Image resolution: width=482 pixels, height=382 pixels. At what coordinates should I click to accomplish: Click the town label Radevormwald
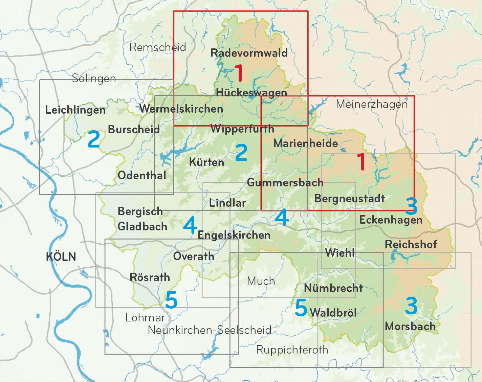(249, 53)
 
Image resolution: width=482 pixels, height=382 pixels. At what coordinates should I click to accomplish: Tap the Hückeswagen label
(251, 92)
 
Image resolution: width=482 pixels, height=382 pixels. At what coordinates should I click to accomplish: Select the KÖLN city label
(61, 257)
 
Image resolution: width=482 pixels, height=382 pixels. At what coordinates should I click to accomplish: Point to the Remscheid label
(158, 47)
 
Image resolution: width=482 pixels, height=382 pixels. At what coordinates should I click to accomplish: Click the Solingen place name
(94, 78)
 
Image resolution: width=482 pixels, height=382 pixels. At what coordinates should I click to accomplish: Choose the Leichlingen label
(75, 110)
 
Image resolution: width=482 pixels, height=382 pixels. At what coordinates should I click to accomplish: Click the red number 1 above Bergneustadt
(361, 162)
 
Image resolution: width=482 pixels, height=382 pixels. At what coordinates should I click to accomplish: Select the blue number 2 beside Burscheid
(94, 139)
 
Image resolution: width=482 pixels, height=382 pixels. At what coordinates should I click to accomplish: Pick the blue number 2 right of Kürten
(241, 152)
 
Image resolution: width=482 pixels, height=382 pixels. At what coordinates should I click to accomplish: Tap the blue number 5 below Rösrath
(171, 300)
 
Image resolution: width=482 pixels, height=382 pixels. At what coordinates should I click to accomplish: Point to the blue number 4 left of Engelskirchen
(190, 225)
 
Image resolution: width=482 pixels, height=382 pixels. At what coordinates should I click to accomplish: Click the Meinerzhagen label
(372, 104)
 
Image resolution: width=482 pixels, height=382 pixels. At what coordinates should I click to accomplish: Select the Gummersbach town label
(285, 183)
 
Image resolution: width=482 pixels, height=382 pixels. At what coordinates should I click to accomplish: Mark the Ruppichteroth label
(292, 350)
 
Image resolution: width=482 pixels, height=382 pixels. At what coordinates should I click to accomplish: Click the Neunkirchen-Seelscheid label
(210, 330)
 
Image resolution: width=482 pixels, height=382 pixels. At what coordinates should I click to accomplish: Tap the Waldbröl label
(333, 312)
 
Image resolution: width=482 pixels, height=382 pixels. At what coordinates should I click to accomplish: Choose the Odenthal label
(142, 175)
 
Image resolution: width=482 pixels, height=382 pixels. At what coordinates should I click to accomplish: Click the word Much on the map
(261, 281)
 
